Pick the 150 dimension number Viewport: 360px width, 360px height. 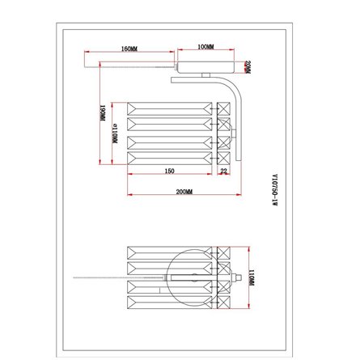click(x=170, y=172)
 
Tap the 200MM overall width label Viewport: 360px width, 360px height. click(x=184, y=192)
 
